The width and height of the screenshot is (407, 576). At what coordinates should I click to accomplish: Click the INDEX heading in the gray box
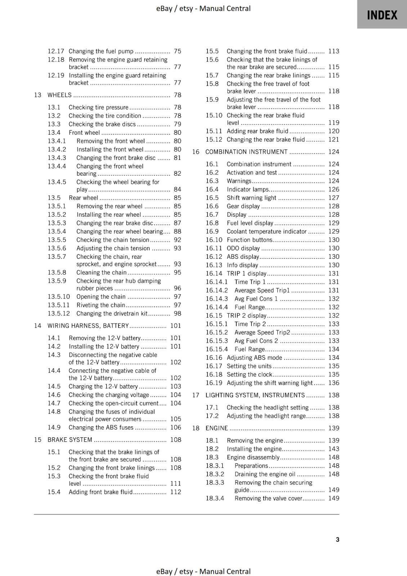coord(382,15)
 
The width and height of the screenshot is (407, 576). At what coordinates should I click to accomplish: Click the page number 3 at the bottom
coord(337,539)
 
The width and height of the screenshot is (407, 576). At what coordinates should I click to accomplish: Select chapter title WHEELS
coord(59,95)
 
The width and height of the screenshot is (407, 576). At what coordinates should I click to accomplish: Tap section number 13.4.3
coord(57,158)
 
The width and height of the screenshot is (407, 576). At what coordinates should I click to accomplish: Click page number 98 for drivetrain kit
coord(177,314)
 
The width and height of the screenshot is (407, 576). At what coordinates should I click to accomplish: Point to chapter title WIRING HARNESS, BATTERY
coord(88,326)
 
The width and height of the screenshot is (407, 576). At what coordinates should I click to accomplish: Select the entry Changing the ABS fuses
coord(101,427)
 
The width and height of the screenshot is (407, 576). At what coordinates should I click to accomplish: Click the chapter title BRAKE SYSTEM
coord(70,440)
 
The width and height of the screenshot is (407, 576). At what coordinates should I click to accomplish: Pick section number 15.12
coord(214,139)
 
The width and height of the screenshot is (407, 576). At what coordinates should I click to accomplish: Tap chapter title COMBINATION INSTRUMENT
coord(246,152)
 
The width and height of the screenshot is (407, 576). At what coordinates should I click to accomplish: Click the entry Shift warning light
coord(251,198)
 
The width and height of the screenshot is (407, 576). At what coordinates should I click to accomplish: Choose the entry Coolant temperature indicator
coord(267,231)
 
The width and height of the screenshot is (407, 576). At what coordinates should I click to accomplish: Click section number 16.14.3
coord(217,299)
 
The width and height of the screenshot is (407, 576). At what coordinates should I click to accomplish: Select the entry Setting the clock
coord(249,374)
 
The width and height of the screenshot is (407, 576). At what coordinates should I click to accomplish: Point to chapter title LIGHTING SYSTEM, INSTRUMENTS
coord(255,395)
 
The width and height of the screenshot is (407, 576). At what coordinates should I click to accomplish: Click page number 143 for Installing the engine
coord(334,449)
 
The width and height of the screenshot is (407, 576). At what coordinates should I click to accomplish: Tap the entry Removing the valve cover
coord(268,498)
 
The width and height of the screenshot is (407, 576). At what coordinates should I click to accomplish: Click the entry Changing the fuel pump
coord(101,51)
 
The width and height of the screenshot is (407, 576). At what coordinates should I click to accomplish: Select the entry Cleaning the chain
coord(102,273)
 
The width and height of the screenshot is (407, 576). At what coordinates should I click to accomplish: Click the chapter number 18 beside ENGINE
coord(196,428)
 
